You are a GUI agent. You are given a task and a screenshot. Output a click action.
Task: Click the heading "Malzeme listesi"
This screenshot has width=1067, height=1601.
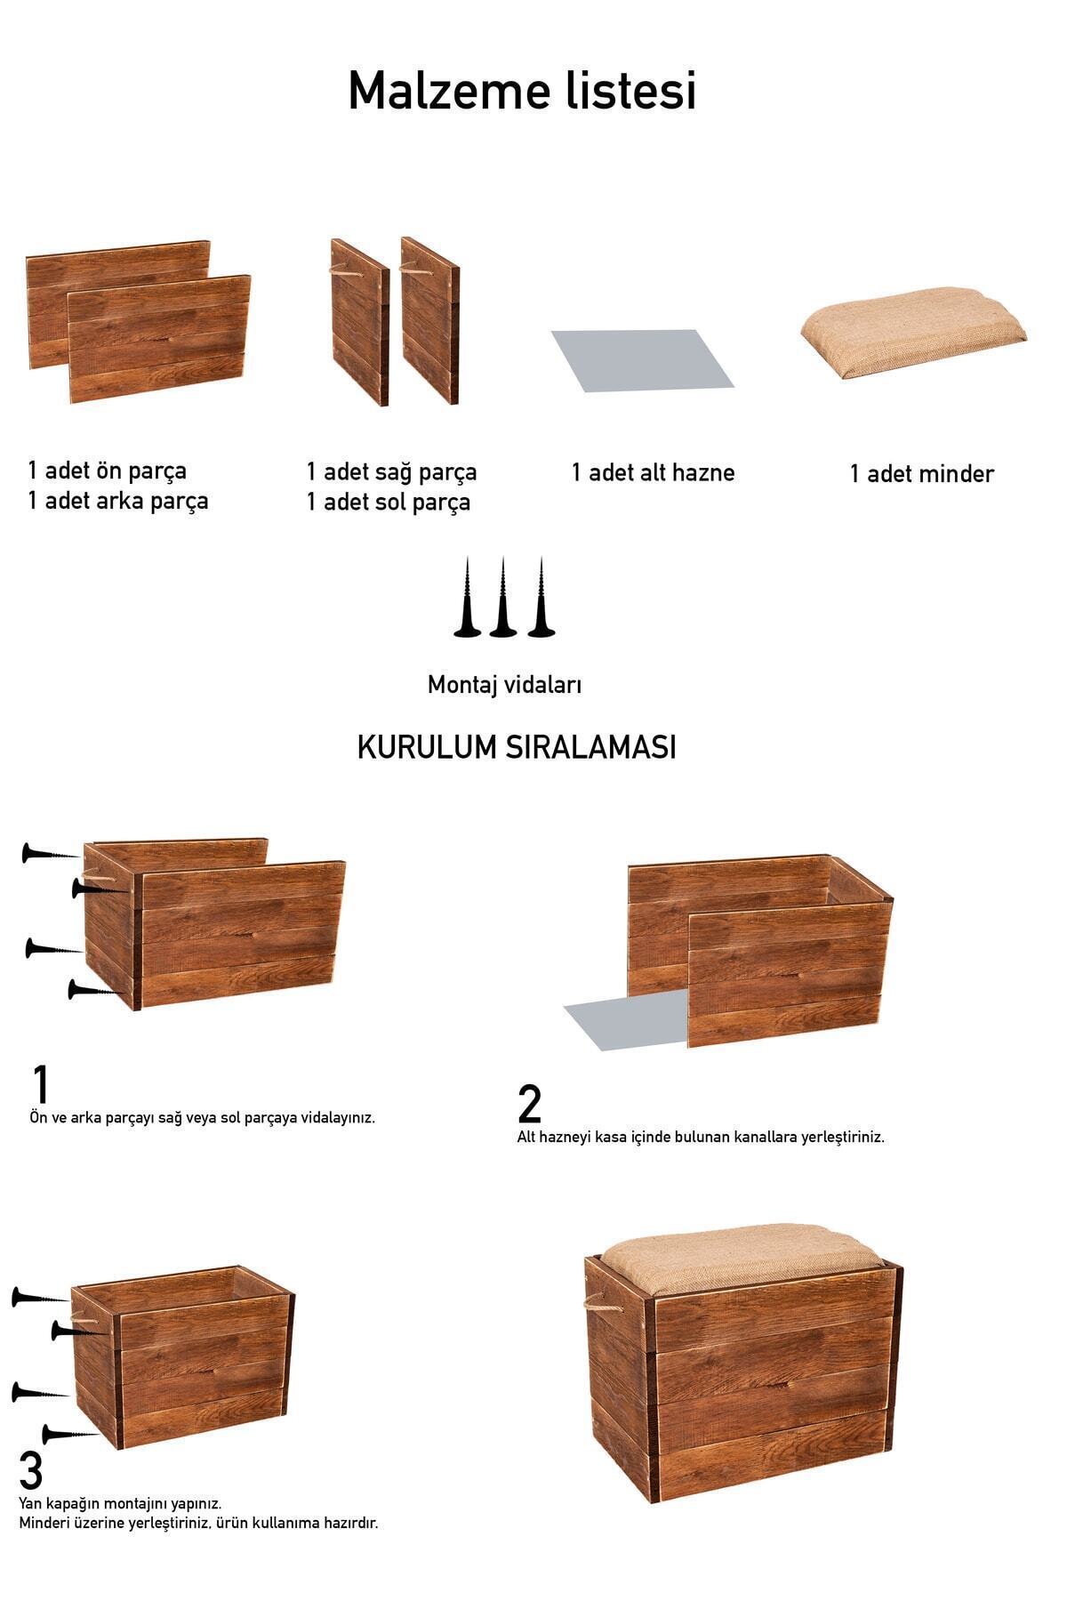click(x=522, y=91)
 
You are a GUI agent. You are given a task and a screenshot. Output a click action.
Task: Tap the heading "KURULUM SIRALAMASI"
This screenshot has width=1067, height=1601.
click(x=517, y=747)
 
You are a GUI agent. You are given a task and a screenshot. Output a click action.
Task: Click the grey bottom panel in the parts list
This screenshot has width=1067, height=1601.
click(x=642, y=360)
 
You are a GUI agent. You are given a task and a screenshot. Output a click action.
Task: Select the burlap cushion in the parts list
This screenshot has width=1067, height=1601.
click(x=913, y=332)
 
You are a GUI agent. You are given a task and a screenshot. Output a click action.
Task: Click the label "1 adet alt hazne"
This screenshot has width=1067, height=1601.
click(x=653, y=472)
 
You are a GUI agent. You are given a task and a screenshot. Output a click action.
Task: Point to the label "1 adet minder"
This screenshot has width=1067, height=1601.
click(x=921, y=473)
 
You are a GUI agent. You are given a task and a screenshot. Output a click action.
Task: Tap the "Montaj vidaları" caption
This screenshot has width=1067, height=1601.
click(x=504, y=684)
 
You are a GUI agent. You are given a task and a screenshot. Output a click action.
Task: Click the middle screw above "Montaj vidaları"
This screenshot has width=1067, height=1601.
click(x=502, y=598)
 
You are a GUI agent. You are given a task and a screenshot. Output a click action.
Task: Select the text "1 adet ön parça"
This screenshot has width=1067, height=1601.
click(x=107, y=471)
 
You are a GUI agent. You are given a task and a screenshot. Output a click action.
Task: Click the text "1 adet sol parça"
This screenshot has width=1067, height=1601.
click(x=388, y=503)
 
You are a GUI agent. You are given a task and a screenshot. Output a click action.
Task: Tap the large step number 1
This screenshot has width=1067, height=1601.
click(x=40, y=1084)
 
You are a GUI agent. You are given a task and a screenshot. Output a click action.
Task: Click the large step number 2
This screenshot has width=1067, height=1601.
click(x=529, y=1104)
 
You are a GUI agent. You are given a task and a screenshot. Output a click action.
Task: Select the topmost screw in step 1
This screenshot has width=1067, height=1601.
click(x=51, y=853)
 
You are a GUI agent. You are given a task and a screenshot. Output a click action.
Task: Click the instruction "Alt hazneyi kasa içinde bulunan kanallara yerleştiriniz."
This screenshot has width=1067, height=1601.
click(x=701, y=1137)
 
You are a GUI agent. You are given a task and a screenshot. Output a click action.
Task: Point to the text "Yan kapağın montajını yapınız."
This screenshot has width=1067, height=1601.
click(x=120, y=1503)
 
